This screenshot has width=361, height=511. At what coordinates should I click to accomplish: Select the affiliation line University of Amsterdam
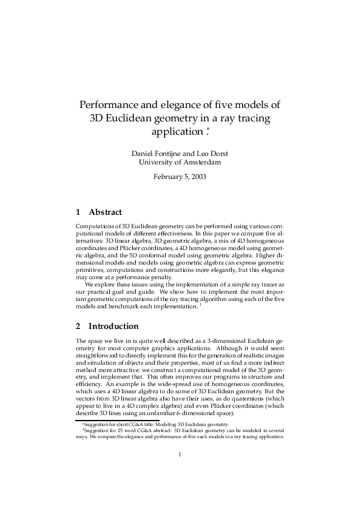point(180,162)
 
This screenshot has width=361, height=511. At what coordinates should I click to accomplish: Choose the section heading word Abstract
point(106,212)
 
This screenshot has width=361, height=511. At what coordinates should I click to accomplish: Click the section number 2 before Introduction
point(76,326)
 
